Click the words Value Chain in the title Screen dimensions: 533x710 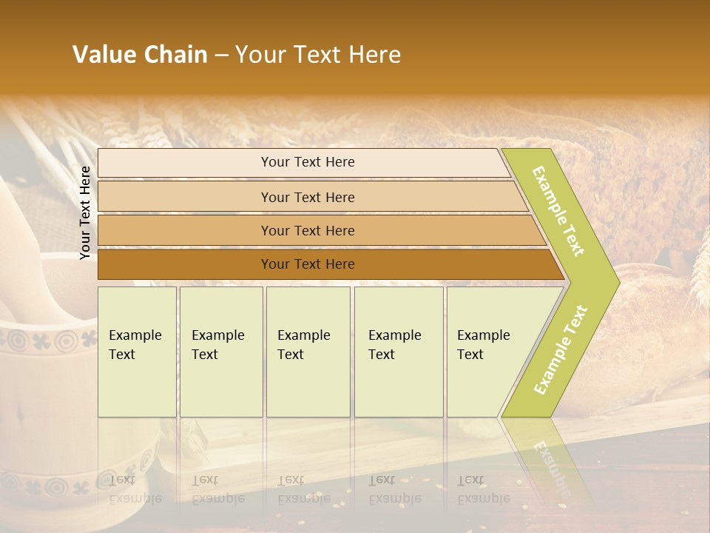click(x=140, y=55)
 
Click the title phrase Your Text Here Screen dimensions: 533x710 click(x=318, y=55)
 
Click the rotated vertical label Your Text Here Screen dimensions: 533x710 click(x=86, y=213)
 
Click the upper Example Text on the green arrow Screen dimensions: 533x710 click(x=558, y=211)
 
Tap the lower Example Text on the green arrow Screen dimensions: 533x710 click(x=561, y=349)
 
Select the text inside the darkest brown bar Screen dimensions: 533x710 click(x=308, y=264)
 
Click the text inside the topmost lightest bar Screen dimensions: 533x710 click(x=308, y=162)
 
